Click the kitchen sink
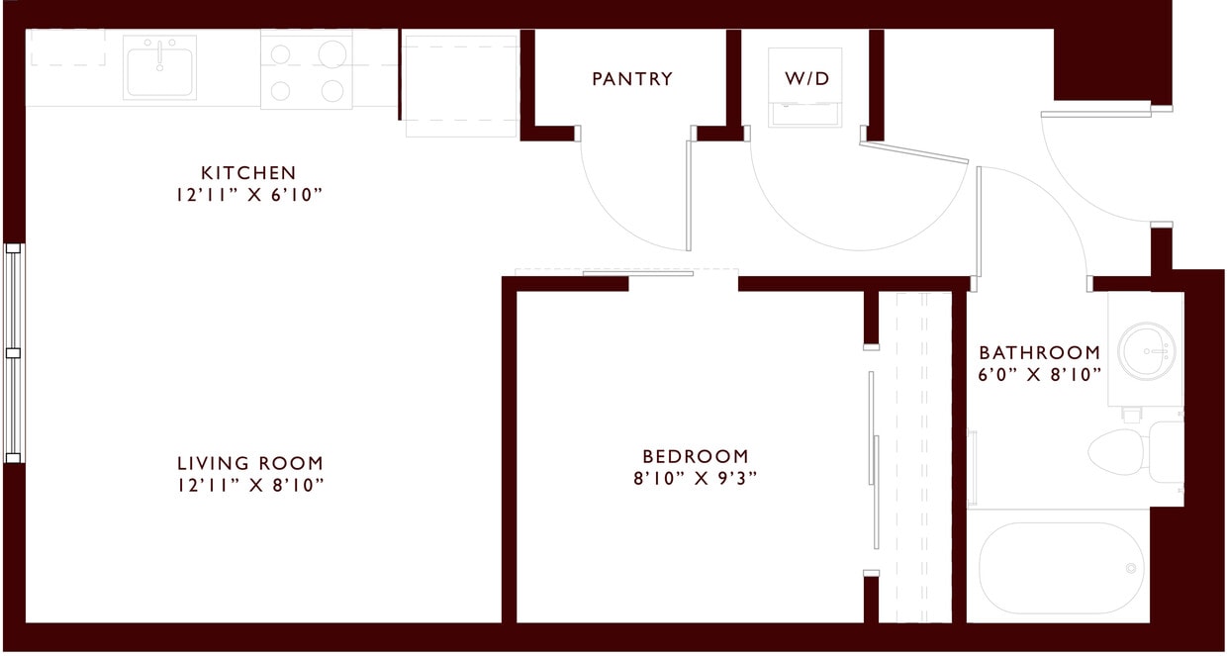pos(159,67)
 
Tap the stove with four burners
pos(306,69)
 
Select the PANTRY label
pos(632,79)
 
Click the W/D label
pos(807,79)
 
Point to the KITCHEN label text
pos(248,173)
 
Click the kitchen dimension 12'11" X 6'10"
pos(248,195)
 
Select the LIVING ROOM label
pos(250,463)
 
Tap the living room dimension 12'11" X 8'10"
pos(250,485)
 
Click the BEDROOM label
pos(696,456)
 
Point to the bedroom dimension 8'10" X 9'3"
pos(696,478)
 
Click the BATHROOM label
pos(1039,352)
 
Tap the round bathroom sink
pos(1147,349)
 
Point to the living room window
pos(13,352)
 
